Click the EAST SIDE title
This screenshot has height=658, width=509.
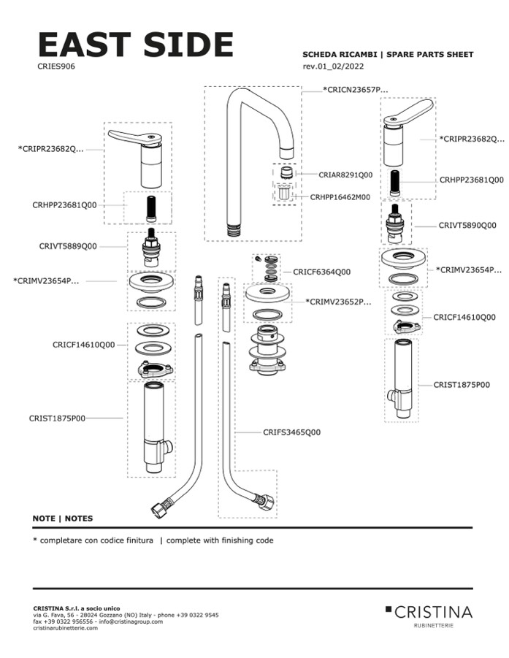pos(135,45)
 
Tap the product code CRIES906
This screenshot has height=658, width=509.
pos(56,66)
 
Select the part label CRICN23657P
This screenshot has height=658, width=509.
pos(356,89)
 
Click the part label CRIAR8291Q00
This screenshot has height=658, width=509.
pos(345,175)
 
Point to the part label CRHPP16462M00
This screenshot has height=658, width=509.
pos(340,197)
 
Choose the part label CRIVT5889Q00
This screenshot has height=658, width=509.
pos(68,247)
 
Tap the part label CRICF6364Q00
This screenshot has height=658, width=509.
pos(321,272)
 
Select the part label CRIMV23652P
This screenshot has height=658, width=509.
pos(338,301)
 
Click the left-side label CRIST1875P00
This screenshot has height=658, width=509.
pos(57,418)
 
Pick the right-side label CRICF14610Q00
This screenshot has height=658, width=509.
pos(464,317)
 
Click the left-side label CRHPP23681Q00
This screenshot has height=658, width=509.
pos(64,205)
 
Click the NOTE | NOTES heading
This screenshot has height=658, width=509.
pos(63,519)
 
